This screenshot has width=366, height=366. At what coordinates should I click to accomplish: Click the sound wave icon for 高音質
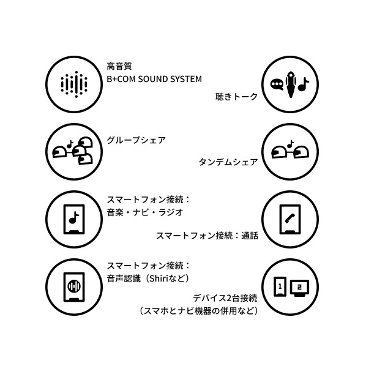pos(74,84)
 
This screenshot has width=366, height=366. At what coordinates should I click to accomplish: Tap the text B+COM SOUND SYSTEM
pos(154,79)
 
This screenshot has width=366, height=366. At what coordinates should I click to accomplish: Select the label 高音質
pos(119,66)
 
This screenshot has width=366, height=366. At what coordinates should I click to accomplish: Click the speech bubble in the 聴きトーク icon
pos(277,84)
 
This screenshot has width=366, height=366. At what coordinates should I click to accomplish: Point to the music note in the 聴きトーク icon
pos(304,84)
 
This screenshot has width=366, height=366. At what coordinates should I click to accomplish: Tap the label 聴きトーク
pos(236,97)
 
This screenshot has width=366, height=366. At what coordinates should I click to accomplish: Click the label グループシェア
pos(136,140)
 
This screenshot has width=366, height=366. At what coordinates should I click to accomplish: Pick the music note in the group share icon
pos(70,144)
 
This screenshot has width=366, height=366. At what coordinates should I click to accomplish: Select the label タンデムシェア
pos(228,162)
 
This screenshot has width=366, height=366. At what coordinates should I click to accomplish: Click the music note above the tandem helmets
pos(290,144)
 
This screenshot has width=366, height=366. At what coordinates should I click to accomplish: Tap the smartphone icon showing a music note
pos(74,219)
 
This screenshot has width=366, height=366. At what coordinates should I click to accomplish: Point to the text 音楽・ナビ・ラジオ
pos(145,212)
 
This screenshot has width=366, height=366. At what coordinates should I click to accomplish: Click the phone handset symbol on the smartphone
pos(290,218)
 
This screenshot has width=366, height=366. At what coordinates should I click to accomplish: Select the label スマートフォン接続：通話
pos(207,236)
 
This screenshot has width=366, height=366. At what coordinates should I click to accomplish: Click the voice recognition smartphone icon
pos(74,287)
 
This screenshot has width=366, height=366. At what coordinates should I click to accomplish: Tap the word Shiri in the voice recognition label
pos(159,278)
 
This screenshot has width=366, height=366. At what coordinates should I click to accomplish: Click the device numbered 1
pos(280,286)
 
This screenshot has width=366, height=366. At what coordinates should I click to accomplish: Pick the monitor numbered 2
pos(299,288)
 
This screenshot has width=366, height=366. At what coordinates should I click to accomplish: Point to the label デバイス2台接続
pos(225,298)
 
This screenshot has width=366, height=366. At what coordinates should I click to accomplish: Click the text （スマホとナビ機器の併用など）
pos(199,311)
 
